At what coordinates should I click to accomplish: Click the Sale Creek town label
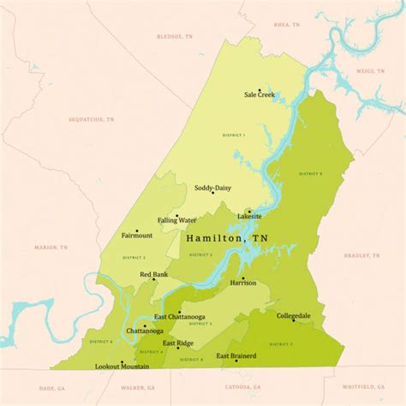pyautogui.click(x=259, y=95)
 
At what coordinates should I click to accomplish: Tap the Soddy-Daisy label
pyautogui.click(x=212, y=188)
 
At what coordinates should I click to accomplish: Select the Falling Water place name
pyautogui.click(x=176, y=220)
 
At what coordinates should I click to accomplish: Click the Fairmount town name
pyautogui.click(x=137, y=235)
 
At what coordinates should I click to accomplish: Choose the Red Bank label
pyautogui.click(x=154, y=274)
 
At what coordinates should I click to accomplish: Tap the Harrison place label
pyautogui.click(x=243, y=283)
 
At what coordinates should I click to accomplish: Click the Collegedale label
pyautogui.click(x=294, y=316)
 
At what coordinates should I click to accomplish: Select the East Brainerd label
pyautogui.click(x=236, y=355)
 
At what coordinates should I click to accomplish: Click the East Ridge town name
pyautogui.click(x=178, y=343)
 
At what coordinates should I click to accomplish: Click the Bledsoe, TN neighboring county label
pyautogui.click(x=175, y=37)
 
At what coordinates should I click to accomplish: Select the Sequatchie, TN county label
pyautogui.click(x=92, y=119)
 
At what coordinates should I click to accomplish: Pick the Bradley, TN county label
pyautogui.click(x=361, y=254)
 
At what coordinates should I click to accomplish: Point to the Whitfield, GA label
pyautogui.click(x=363, y=386)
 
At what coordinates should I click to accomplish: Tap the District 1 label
pyautogui.click(x=232, y=135)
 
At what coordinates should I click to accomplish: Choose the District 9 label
pyautogui.click(x=310, y=174)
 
